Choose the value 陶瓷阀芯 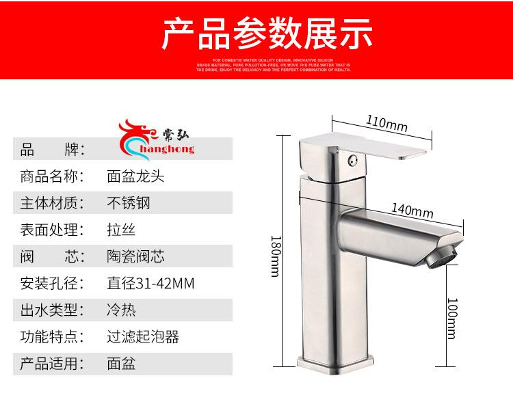(135, 256)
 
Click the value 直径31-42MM (150, 283)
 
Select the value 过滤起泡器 (143, 336)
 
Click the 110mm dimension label (386, 124)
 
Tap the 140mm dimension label (412, 211)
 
